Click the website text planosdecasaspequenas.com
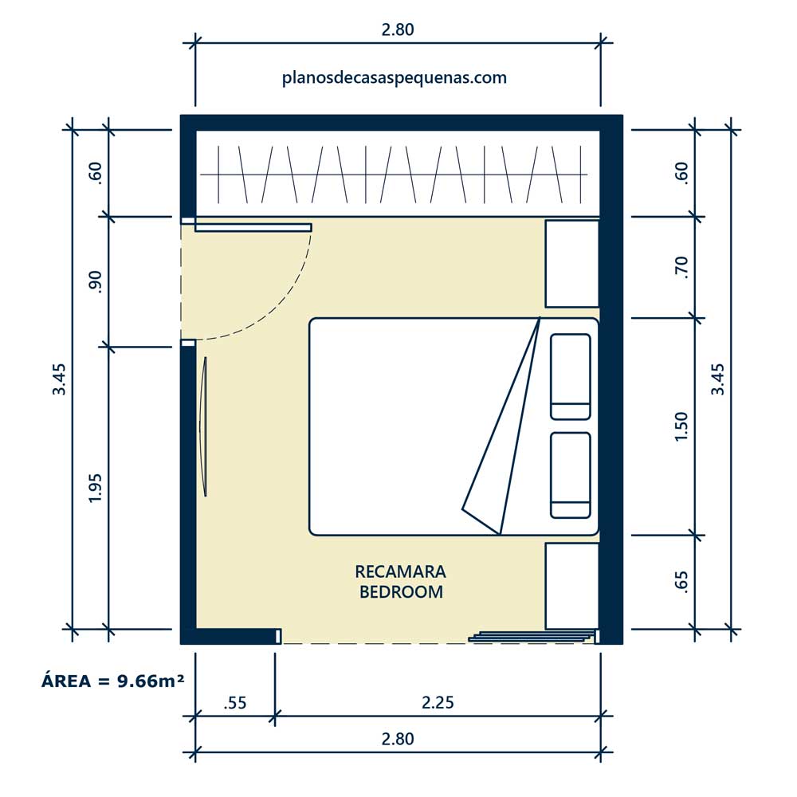click(394, 78)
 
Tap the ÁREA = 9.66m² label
click(113, 681)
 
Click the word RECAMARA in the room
click(401, 571)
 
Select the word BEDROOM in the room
click(401, 591)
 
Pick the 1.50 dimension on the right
click(681, 426)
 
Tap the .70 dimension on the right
click(681, 267)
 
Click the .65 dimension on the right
click(681, 582)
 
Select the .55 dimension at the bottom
click(235, 702)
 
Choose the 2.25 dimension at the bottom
click(438, 702)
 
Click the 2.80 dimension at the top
click(398, 29)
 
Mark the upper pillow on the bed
click(571, 377)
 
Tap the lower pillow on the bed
click(571, 475)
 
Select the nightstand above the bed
click(571, 264)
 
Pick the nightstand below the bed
click(571, 586)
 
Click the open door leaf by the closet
click(253, 227)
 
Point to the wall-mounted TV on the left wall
click(204, 426)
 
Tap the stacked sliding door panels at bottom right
click(531, 636)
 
